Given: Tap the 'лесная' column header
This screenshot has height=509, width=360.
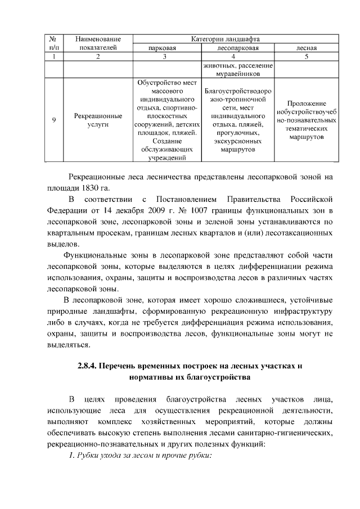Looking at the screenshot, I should [307, 48].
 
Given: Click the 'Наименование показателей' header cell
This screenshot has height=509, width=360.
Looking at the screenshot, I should [98, 43].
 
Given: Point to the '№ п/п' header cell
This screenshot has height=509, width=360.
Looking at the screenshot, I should [52, 43].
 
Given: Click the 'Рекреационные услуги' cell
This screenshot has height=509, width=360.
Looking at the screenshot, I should [98, 119].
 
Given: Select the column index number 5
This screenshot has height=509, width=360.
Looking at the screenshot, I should [307, 57].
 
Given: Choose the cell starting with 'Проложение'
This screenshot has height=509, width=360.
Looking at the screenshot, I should [307, 119].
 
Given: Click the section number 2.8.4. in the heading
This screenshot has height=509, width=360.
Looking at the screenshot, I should [87, 366].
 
